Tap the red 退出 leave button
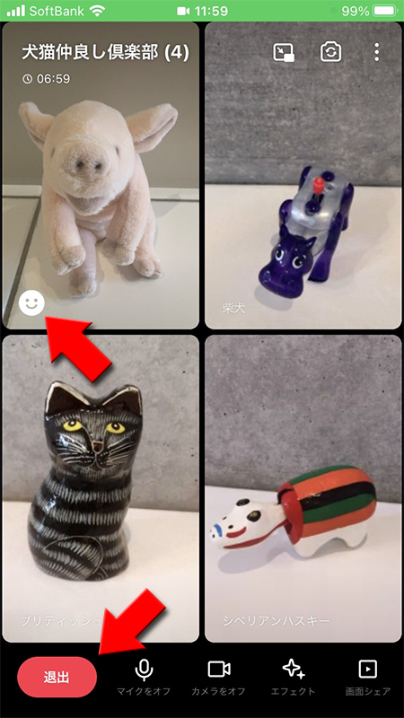tap(57, 677)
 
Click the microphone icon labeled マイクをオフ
tap(144, 670)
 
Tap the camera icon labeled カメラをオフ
tap(219, 670)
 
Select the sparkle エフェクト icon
tap(293, 670)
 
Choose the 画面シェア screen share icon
tap(366, 670)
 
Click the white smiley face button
tap(31, 303)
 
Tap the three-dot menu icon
tap(376, 52)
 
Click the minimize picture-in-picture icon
tap(284, 52)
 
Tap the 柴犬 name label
tap(233, 308)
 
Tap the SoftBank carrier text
tap(56, 11)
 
